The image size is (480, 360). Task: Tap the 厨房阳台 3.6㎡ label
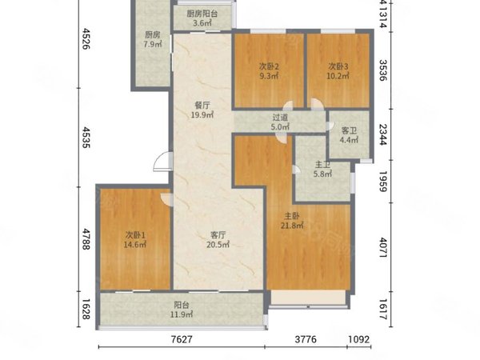click(x=202, y=18)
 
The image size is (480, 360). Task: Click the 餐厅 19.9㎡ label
click(x=202, y=110)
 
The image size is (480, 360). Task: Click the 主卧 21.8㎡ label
click(x=292, y=221)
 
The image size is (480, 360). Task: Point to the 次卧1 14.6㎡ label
click(x=134, y=240)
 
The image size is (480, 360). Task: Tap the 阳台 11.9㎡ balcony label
click(x=182, y=310)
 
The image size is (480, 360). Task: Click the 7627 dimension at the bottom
click(x=182, y=339)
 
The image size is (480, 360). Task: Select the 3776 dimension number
click(x=306, y=339)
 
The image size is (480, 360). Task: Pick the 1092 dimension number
click(x=358, y=339)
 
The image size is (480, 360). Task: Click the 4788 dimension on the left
click(x=86, y=238)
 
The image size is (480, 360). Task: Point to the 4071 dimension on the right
click(x=383, y=247)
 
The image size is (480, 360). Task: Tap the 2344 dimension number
click(x=383, y=134)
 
